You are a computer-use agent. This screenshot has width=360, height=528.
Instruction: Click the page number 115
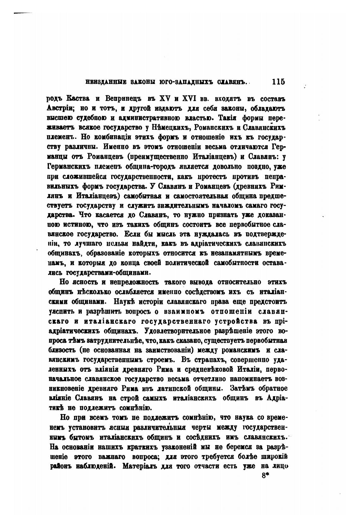tap(278, 82)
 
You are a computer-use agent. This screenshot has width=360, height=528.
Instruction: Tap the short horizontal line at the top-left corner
tap(23, 13)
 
